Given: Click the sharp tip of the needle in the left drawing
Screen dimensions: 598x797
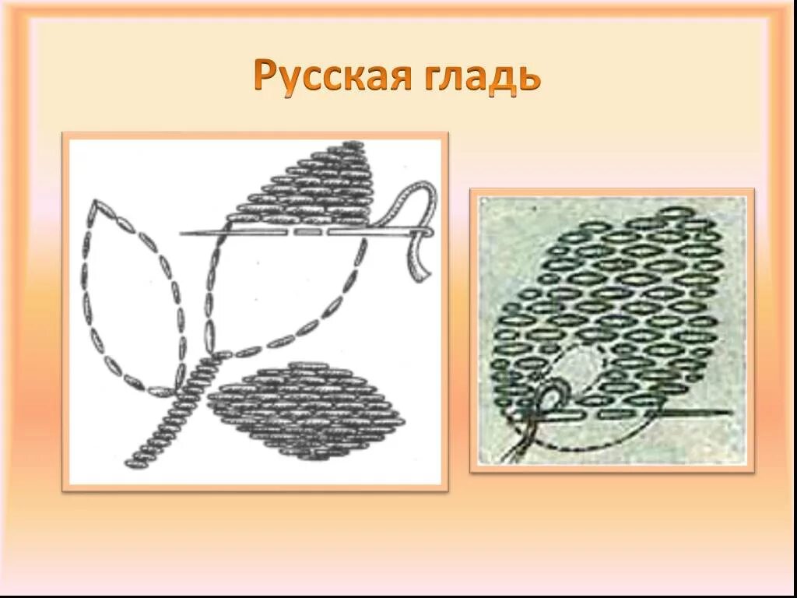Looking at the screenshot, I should coord(182,233).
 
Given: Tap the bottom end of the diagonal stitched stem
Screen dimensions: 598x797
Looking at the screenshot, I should coord(131,464).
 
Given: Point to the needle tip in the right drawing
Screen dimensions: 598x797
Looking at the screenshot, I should coord(729,412).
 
